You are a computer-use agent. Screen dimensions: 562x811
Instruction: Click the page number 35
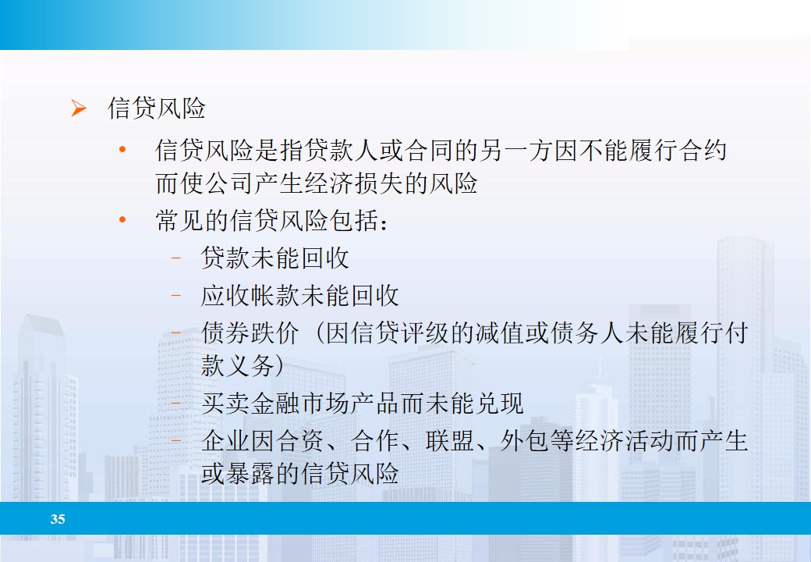click(58, 519)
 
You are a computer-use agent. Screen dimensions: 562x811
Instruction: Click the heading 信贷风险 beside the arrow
click(156, 108)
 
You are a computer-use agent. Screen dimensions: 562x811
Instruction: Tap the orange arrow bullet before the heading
click(79, 108)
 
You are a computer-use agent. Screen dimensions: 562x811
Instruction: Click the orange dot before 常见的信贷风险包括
click(122, 221)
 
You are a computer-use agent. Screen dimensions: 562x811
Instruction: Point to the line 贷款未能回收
click(274, 258)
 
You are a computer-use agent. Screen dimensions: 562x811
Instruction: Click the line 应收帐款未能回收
click(299, 295)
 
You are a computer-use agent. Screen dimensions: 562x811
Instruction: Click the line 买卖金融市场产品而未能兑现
click(362, 403)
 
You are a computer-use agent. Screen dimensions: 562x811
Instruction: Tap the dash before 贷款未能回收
click(176, 258)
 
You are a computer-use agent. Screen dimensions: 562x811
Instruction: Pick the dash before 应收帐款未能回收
click(176, 295)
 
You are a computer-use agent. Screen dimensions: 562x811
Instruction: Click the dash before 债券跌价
click(176, 333)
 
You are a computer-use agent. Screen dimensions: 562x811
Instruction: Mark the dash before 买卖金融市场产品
click(176, 403)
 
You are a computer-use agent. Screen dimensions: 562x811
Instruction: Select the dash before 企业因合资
click(176, 441)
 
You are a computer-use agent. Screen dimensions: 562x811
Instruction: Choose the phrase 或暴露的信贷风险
click(299, 474)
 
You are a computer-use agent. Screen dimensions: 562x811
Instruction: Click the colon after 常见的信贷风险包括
click(383, 222)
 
